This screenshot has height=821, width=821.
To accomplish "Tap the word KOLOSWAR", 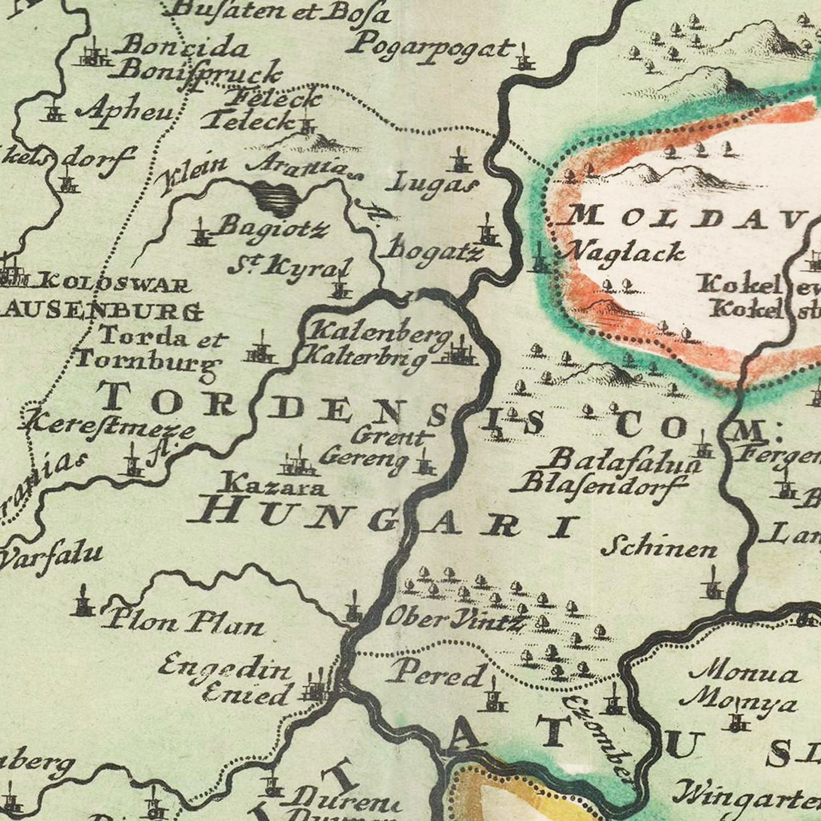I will (114, 285).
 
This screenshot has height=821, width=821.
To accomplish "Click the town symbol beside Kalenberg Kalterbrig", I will (461, 353).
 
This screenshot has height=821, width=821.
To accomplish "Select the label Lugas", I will (432, 183).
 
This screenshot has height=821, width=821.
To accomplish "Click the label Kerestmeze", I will (108, 427).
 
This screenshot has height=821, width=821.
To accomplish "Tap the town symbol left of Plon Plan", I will (84, 602).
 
